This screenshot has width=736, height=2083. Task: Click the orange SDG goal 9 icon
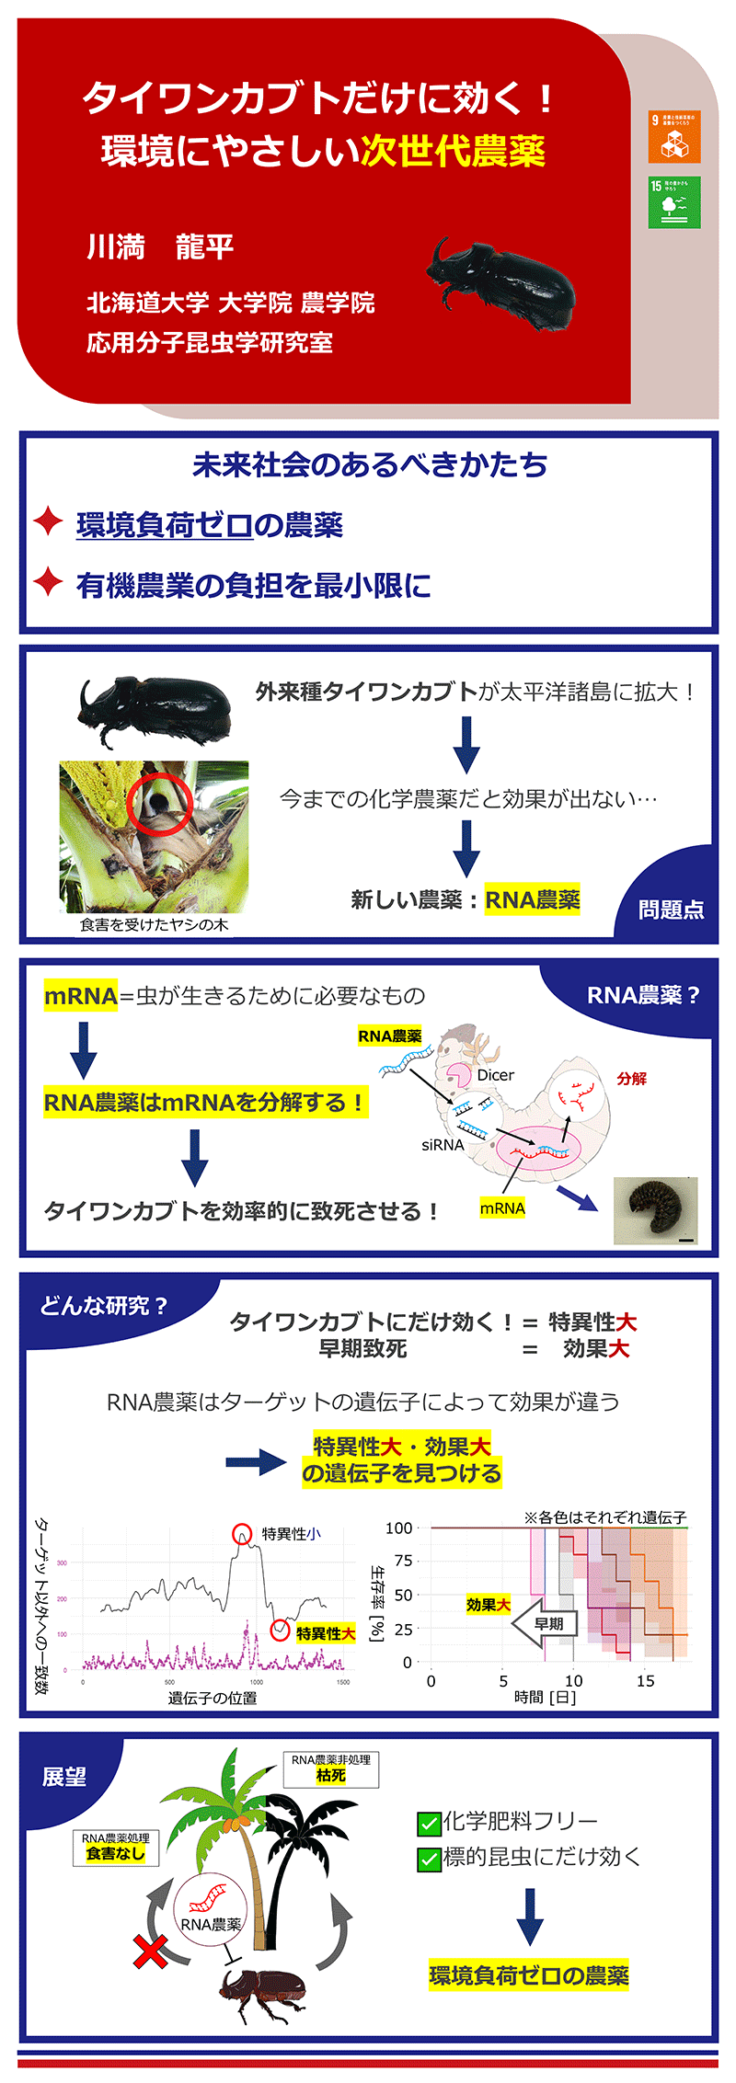pos(674,136)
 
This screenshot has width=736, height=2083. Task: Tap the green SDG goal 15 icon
pos(674,201)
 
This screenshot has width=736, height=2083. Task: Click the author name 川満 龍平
pos(160,246)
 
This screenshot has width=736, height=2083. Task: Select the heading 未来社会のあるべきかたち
pos(370,464)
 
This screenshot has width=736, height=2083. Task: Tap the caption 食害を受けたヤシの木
pos(154,924)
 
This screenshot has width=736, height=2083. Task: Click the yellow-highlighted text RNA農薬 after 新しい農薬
pos(533,899)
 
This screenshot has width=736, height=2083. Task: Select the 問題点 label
pos(672,910)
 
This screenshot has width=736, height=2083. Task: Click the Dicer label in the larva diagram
pos(495,1075)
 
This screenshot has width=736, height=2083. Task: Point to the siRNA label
pos(443,1145)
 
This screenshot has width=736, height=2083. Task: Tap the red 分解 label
pos(631,1079)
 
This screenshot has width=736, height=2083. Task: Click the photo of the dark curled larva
pos(655,1209)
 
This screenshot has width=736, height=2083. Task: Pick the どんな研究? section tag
pos(103,1306)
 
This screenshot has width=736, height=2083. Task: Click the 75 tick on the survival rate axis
pos(403,1561)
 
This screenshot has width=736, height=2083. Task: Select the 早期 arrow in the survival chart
pos(545,1624)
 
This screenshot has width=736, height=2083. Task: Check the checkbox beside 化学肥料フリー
pos(429,1822)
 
